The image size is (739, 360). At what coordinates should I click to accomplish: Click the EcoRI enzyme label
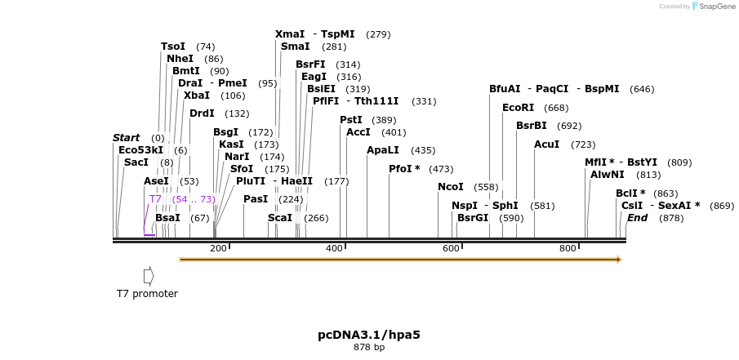(518, 108)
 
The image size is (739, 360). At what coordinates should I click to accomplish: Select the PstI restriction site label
(351, 120)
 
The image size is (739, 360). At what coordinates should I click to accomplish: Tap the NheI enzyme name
(180, 59)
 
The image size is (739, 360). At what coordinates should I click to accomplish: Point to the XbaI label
(197, 96)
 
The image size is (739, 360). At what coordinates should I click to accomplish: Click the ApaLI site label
(383, 150)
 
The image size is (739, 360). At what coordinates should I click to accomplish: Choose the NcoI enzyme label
(451, 187)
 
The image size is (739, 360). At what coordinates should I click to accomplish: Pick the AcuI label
(547, 144)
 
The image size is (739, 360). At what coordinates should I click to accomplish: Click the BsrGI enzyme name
(473, 218)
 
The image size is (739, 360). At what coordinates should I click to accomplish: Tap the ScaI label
(280, 218)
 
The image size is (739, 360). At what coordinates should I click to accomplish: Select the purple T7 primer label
(155, 199)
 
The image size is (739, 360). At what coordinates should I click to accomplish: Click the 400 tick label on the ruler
(334, 248)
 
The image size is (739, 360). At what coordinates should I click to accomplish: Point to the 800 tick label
(568, 248)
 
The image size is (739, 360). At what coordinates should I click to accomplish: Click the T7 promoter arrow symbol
(149, 276)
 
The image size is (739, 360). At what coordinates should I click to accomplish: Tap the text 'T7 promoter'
(147, 294)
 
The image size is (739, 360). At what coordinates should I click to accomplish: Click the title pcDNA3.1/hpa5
(369, 335)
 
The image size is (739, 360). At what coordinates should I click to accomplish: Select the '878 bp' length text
(369, 347)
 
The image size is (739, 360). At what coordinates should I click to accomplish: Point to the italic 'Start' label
(127, 138)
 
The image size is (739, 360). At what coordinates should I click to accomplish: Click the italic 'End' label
(637, 218)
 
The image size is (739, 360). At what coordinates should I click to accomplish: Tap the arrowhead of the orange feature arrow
(619, 260)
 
